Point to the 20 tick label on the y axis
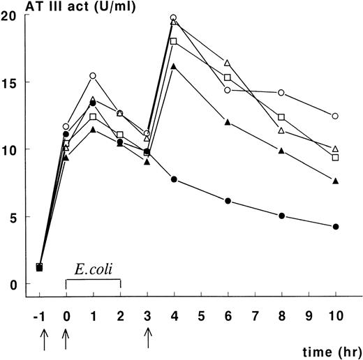tap(8, 15)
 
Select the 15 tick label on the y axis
tap(8, 82)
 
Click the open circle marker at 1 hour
tap(93, 75)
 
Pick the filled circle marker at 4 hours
tap(173, 180)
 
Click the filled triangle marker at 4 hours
tap(173, 67)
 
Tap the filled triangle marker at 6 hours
tap(228, 122)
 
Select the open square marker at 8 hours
tap(281, 117)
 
